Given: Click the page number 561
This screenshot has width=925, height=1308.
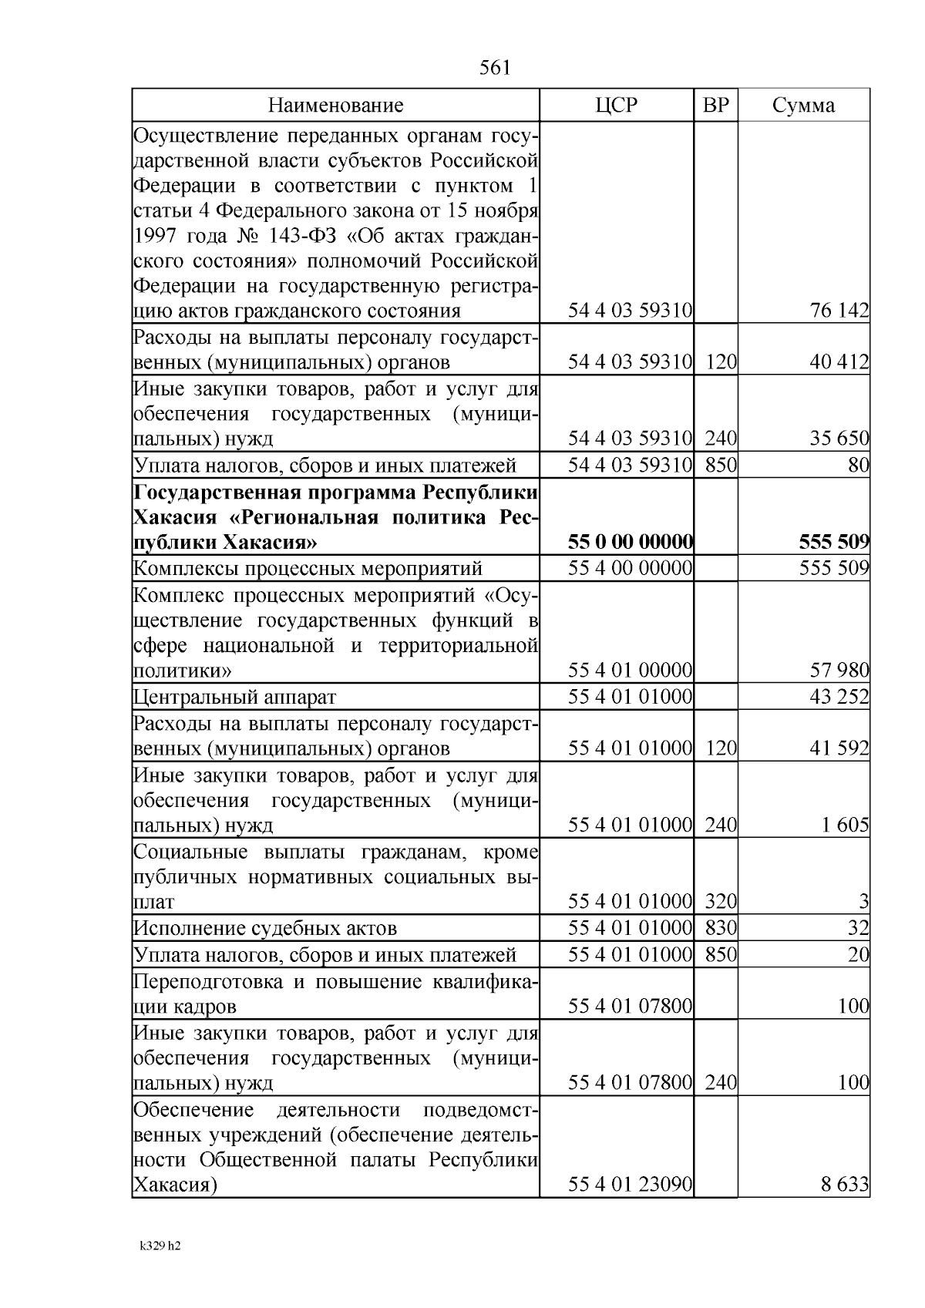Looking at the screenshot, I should coord(495,68).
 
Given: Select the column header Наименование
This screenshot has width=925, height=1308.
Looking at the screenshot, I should coord(335,106).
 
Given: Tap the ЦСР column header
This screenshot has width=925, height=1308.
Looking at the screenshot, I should coord(617,106).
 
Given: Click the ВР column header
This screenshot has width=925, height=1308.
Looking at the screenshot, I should coord(716,106).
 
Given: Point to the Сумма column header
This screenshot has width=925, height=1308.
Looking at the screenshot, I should coord(803,106).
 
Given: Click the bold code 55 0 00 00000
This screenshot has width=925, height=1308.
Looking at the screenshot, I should coord(631,543).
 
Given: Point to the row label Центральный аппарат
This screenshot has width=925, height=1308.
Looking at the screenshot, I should coord(235,698).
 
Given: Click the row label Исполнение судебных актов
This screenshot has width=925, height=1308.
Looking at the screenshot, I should coord(265,928).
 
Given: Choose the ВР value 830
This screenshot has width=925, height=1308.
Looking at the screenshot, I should coord(721,928).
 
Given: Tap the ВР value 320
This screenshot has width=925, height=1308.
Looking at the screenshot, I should coord(721,901).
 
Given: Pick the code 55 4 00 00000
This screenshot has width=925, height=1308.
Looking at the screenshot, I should coord(631,569).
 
